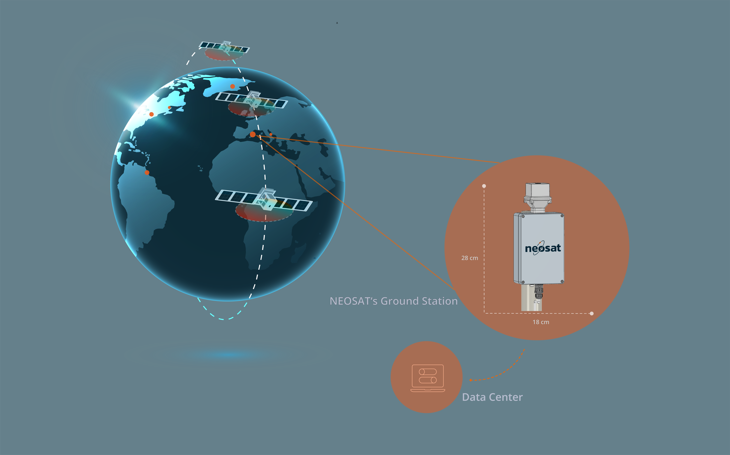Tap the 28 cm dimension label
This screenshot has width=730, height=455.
tap(469, 258)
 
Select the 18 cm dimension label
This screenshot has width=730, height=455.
tap(541, 322)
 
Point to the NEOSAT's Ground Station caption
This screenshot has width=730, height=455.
tap(393, 301)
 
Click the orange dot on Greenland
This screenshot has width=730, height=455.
tap(233, 86)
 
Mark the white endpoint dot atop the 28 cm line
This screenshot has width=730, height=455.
tap(484, 186)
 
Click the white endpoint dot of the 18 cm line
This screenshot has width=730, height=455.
tap(592, 313)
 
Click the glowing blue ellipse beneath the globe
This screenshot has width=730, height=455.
tap(229, 354)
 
